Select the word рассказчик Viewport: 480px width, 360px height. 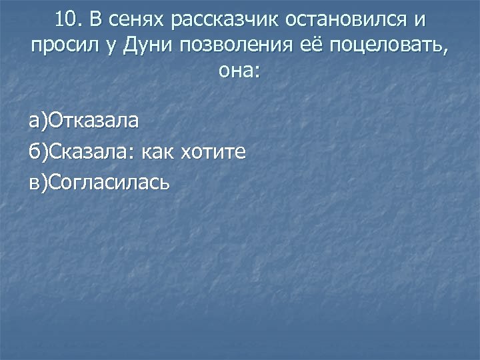(223, 21)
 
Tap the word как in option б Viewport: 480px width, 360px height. (160, 151)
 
